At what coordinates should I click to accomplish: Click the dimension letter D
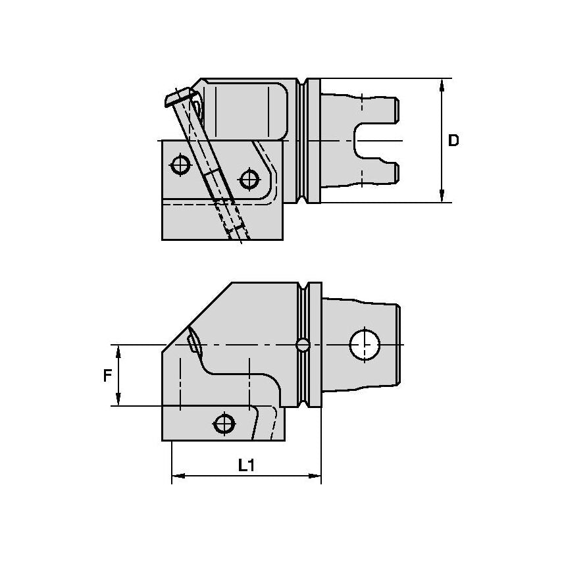(453, 140)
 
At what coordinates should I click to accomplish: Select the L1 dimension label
(246, 465)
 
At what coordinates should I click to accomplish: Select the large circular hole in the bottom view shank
(365, 345)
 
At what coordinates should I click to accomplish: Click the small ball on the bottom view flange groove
(303, 344)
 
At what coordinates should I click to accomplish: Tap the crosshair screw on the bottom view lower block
(225, 422)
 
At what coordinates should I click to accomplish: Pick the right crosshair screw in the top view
(248, 178)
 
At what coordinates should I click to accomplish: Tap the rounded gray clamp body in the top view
(245, 109)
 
